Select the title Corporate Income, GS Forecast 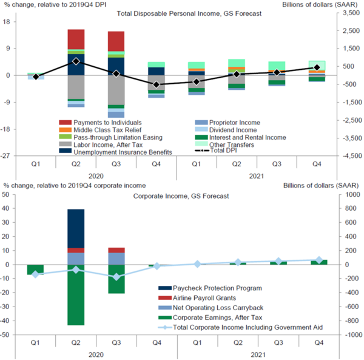coord(172,196)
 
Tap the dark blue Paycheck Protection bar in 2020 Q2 coord(76,228)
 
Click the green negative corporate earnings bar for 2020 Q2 coord(76,294)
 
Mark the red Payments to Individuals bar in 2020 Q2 coord(76,39)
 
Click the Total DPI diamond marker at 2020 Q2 coord(76,61)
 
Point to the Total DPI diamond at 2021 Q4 coord(317,68)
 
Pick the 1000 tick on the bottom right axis coord(348,195)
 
